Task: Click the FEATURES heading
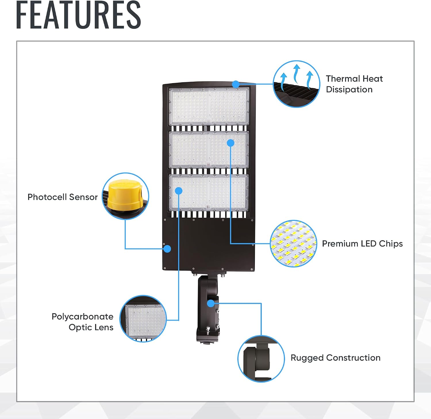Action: [78, 15]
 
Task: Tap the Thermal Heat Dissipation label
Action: [354, 84]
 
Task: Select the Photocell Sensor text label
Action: [63, 197]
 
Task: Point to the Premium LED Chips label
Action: [362, 244]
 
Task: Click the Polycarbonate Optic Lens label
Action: [82, 322]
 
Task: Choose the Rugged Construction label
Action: [336, 358]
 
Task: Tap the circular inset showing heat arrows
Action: [296, 84]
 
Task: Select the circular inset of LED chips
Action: [293, 244]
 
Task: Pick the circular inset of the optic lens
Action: [143, 319]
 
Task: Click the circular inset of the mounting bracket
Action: [261, 359]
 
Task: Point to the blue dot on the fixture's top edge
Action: [236, 84]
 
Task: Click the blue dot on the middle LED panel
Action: [230, 143]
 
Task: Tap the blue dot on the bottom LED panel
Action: [179, 191]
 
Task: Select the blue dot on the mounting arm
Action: [211, 303]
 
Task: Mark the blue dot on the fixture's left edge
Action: [167, 249]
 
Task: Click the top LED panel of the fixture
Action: [209, 106]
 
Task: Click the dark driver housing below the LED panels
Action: [209, 244]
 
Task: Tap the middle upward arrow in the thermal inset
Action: [297, 74]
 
